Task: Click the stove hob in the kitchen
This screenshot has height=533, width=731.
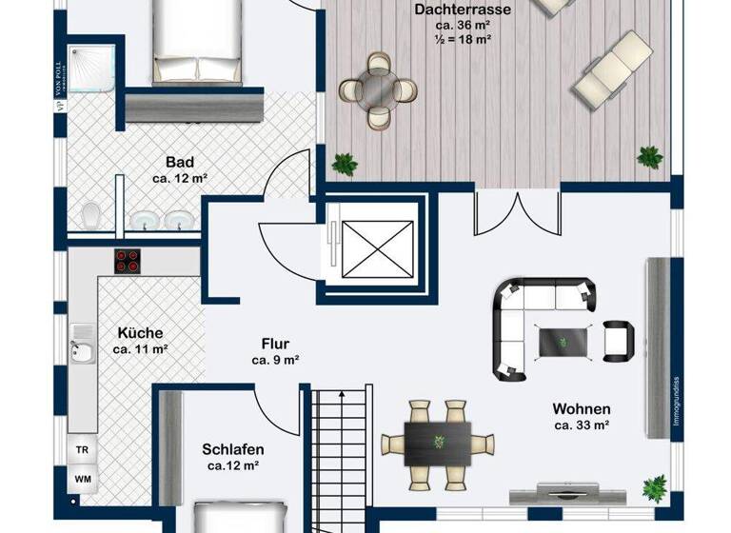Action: click(128, 261)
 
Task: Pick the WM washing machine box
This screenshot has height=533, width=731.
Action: click(83, 480)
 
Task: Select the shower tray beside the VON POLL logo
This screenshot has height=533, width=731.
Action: click(90, 66)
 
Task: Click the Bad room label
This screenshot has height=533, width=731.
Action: click(179, 162)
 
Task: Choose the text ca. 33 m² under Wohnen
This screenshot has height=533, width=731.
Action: click(582, 425)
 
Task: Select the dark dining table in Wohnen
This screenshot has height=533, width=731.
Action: click(439, 443)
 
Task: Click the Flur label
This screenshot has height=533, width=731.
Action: click(276, 344)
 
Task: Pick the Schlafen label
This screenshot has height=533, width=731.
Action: click(233, 449)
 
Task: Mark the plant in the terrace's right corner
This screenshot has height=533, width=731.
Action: click(650, 157)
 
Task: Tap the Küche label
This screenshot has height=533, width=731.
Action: click(140, 333)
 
